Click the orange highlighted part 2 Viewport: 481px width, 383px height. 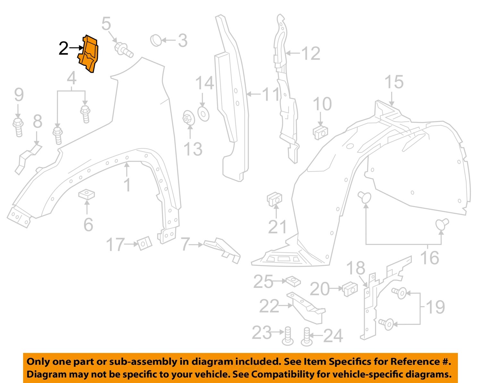88,54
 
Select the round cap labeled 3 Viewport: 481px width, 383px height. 156,40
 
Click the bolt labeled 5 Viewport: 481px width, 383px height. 123,50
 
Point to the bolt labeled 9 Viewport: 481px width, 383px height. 18,127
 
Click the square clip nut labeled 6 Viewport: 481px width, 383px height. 87,194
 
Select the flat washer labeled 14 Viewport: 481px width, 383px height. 203,114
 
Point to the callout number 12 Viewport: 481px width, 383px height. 310,53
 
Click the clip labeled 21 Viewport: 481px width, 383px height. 274,200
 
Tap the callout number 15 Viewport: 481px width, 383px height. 394,82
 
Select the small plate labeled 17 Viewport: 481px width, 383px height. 144,243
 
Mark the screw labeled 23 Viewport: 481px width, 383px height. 287,336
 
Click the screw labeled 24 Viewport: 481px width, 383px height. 307,338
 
